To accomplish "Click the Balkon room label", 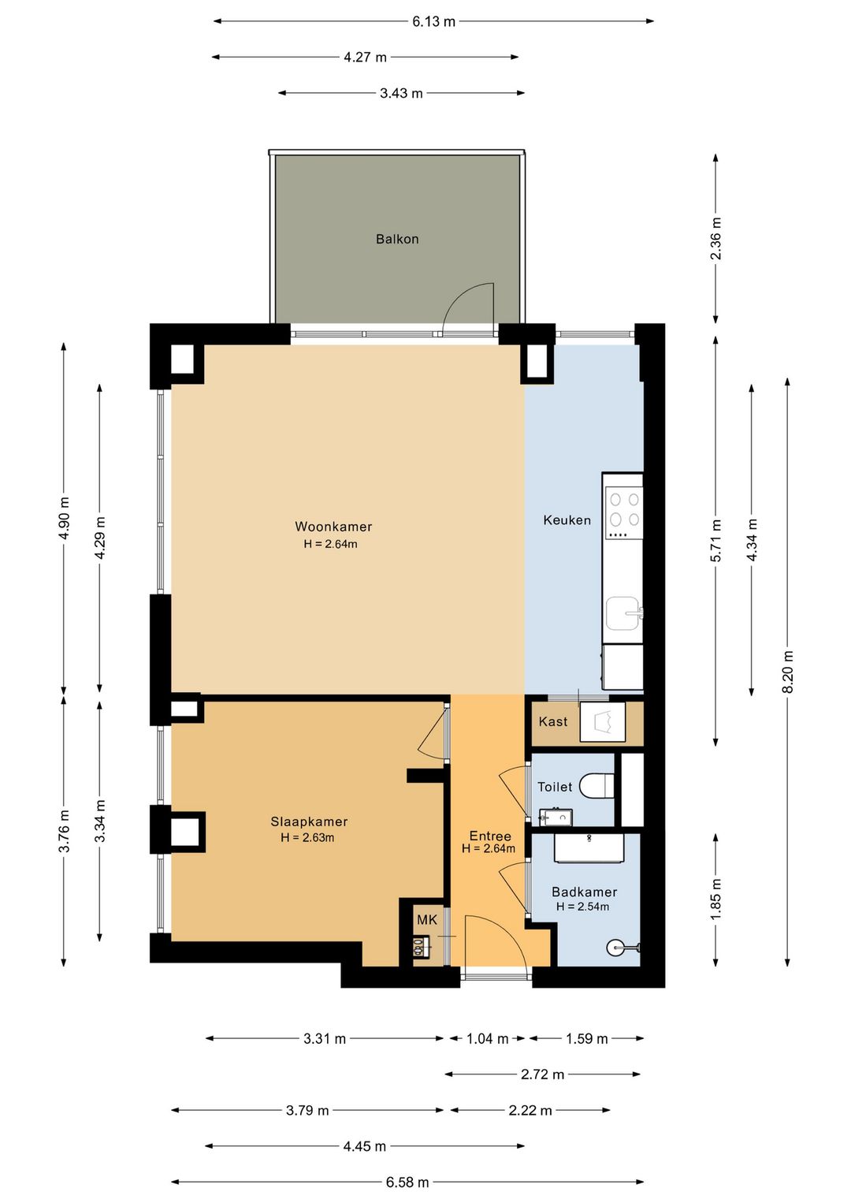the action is point(397,239).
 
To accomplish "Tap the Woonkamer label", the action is point(333,527).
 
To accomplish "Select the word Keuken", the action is point(567,520).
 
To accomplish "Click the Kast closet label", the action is point(553,721).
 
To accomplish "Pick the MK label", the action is point(427,920).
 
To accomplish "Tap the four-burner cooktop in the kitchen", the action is point(624,512).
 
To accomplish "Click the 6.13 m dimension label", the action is point(434,21).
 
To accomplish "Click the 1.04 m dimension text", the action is point(487,1039).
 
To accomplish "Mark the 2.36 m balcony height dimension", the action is point(715,238).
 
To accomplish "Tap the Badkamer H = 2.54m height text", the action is point(582,907).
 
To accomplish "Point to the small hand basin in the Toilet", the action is point(556,817).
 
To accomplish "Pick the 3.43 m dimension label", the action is point(402,94).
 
